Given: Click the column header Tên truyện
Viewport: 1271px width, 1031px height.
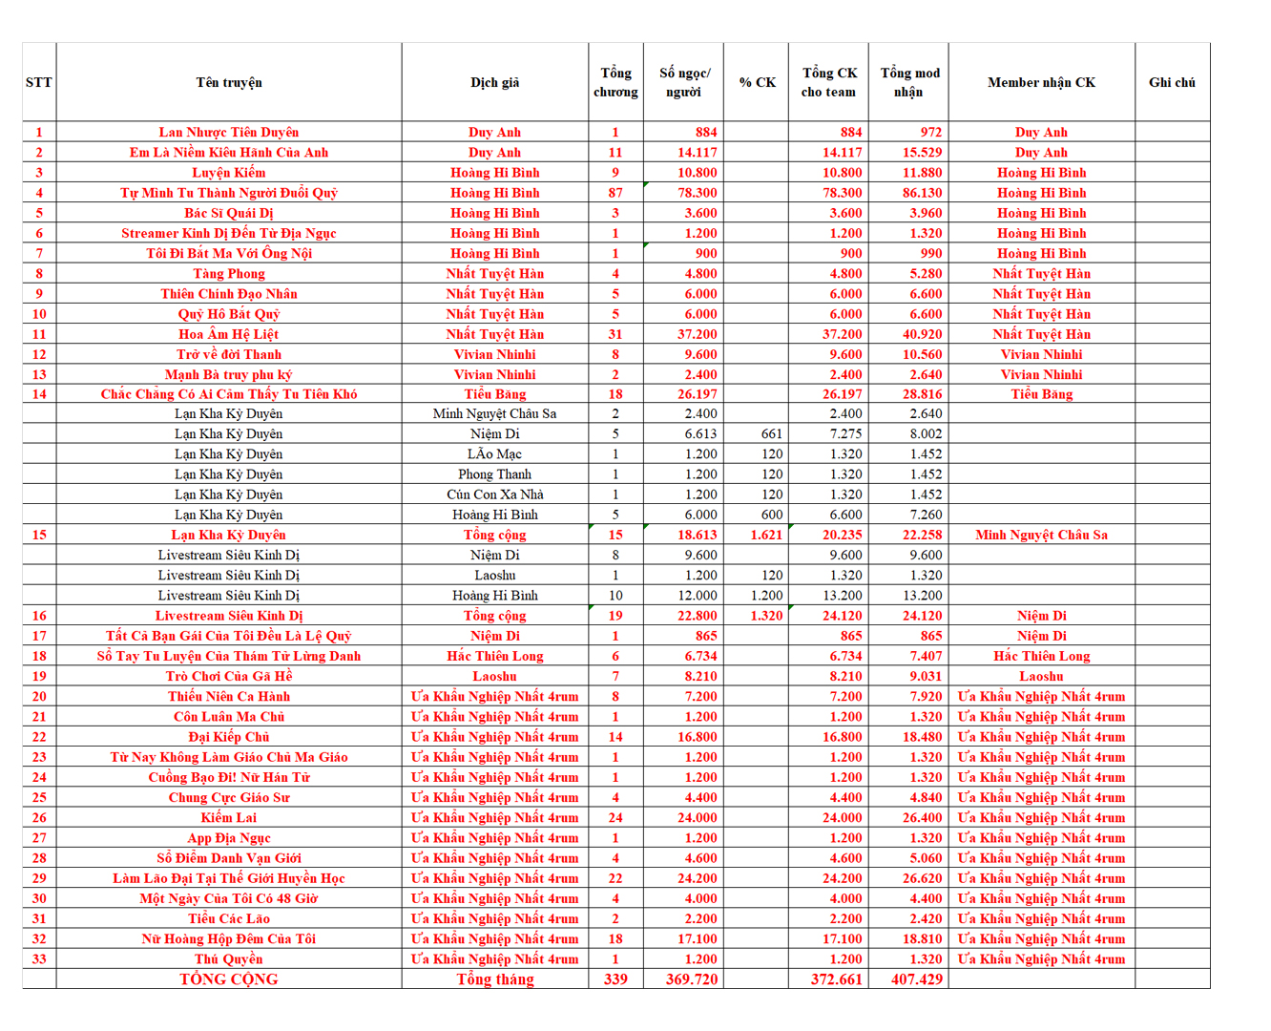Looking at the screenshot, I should click(229, 83).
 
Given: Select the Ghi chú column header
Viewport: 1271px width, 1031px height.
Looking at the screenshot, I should click(1172, 83).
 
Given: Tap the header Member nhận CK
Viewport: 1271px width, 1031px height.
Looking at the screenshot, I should click(1041, 83).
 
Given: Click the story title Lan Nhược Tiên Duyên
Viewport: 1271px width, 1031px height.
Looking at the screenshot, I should click(229, 133).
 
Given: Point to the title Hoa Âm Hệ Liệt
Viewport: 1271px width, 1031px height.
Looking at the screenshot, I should click(229, 334).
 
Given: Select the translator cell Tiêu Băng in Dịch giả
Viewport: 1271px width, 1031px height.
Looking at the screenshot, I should click(494, 394).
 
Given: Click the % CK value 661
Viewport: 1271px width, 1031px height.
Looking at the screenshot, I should click(771, 434).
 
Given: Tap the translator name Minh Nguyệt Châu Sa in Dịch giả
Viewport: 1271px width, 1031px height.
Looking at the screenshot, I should click(494, 414).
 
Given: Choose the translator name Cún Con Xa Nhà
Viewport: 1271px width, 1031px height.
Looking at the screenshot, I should click(494, 494).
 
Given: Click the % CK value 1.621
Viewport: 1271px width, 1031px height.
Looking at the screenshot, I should click(766, 536).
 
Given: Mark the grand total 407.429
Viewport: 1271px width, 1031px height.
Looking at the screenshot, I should click(916, 979).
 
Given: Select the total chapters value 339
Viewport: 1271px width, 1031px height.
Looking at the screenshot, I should click(615, 979).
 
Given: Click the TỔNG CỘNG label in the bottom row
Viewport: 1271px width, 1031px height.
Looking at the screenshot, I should click(229, 979).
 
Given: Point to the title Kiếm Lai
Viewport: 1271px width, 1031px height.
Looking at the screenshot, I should click(229, 818).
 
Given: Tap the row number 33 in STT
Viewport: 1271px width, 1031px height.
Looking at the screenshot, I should click(39, 959).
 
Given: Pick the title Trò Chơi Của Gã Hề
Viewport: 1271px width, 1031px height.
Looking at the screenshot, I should click(229, 677).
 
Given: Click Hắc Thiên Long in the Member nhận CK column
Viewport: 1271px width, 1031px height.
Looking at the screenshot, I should click(1041, 657).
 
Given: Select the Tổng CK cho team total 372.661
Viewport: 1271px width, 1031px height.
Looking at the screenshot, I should click(836, 979).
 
